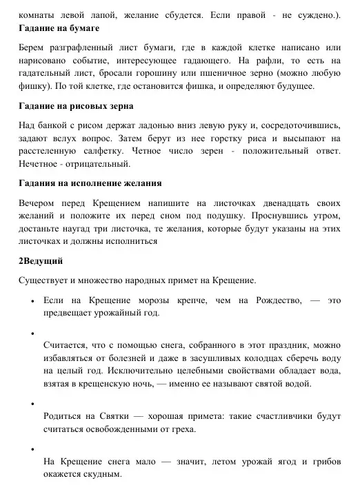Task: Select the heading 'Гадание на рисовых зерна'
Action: tap(76, 107)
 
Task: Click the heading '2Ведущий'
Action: tap(41, 262)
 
